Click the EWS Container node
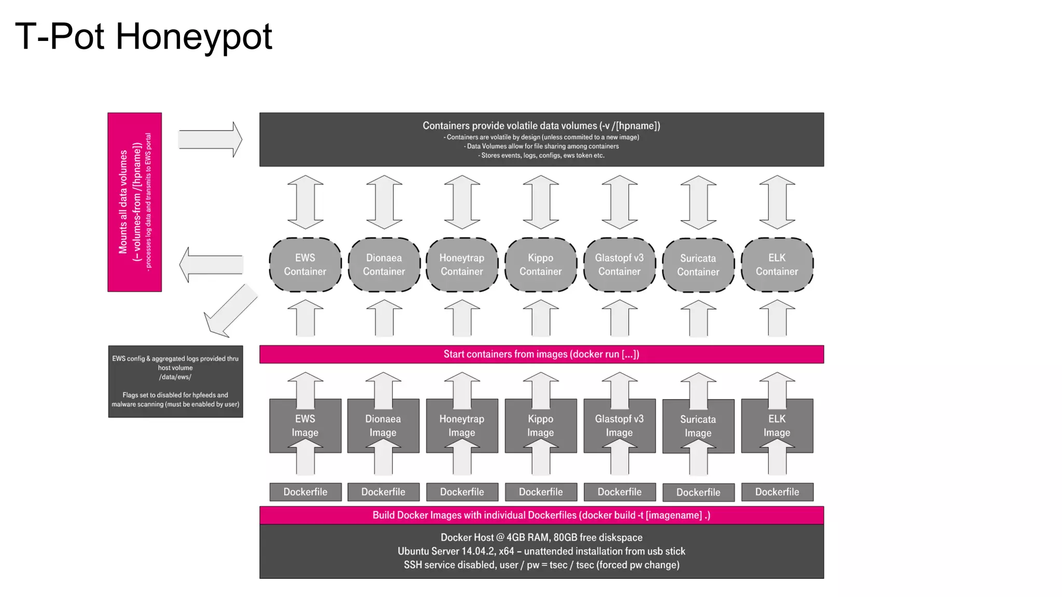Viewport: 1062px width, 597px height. pos(305,265)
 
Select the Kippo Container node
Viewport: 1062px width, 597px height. pos(540,265)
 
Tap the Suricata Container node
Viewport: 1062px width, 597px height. pos(698,265)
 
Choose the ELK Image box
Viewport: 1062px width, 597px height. pos(777,425)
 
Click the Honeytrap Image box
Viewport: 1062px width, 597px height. pos(462,425)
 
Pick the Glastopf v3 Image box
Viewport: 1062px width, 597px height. pos(619,425)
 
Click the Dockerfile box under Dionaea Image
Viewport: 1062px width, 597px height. pos(383,492)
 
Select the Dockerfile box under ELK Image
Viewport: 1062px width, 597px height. pos(777,492)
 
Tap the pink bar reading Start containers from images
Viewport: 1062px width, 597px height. pos(541,354)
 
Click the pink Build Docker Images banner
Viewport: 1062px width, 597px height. pos(541,515)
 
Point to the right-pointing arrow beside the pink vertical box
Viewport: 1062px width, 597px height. pos(210,139)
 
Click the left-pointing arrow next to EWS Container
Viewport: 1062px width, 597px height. pos(211,264)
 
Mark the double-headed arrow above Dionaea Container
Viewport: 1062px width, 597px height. pos(384,202)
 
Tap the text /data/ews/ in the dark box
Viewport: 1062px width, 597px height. pos(175,377)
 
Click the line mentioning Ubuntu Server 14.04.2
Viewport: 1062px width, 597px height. pos(541,551)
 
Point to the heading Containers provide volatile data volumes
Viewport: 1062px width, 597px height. pos(541,125)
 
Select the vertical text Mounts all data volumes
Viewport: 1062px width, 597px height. pos(123,202)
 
